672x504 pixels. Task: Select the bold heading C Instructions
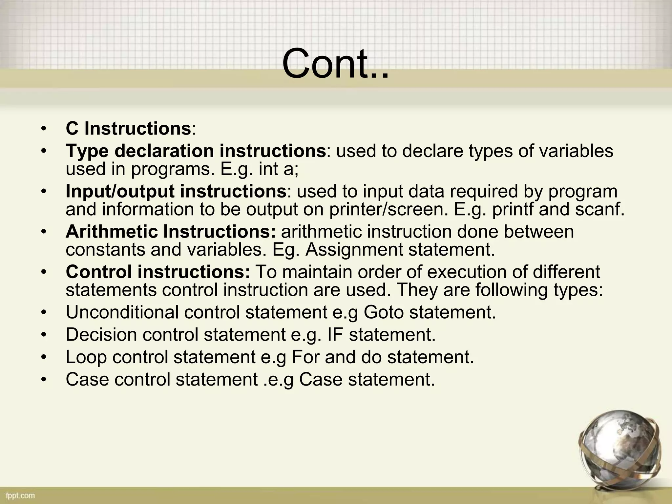coord(128,128)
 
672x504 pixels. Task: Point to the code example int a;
coord(279,169)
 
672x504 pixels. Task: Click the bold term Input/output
coord(120,191)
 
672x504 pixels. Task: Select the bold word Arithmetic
coord(112,232)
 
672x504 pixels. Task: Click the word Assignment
coord(354,250)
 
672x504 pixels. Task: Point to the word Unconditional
coord(122,312)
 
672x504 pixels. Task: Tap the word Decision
coord(101,335)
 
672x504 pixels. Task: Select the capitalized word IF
coord(335,335)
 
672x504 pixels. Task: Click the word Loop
coord(86,357)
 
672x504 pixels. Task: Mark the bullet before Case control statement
coord(44,380)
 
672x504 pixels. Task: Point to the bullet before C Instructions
coord(44,129)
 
